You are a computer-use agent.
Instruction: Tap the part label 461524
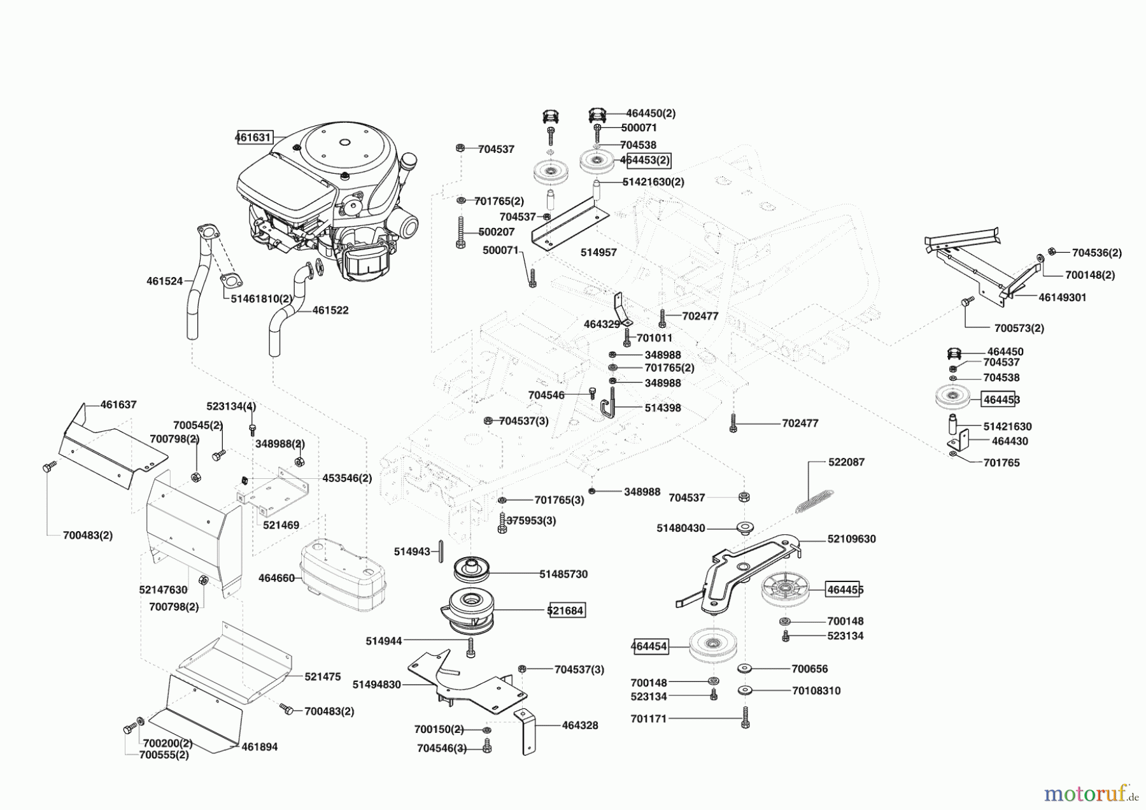164,281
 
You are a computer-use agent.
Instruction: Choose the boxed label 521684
565,610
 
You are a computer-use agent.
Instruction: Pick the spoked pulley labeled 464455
785,590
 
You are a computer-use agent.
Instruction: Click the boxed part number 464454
649,646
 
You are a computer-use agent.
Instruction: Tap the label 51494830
376,685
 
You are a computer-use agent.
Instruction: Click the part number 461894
259,747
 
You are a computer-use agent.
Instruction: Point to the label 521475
322,677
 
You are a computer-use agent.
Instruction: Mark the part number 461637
118,404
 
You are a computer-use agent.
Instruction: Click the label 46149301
1062,297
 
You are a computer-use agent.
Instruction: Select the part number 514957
598,252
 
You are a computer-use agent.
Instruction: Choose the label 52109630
851,539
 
